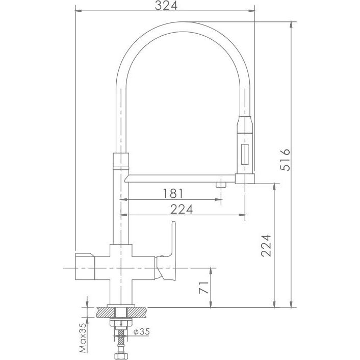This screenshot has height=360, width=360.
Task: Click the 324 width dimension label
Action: [x=166, y=5]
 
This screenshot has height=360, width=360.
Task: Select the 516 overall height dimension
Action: [x=285, y=160]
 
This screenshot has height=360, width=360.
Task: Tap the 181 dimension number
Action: [x=173, y=194]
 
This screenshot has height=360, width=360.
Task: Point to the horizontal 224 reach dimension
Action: [x=182, y=209]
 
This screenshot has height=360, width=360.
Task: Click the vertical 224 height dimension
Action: [x=266, y=245]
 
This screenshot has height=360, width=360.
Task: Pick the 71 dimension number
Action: [x=203, y=287]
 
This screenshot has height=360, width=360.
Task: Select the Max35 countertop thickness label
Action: [x=83, y=338]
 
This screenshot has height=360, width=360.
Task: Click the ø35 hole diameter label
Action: [x=142, y=331]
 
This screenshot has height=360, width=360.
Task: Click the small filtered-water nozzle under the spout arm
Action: [x=221, y=185]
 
